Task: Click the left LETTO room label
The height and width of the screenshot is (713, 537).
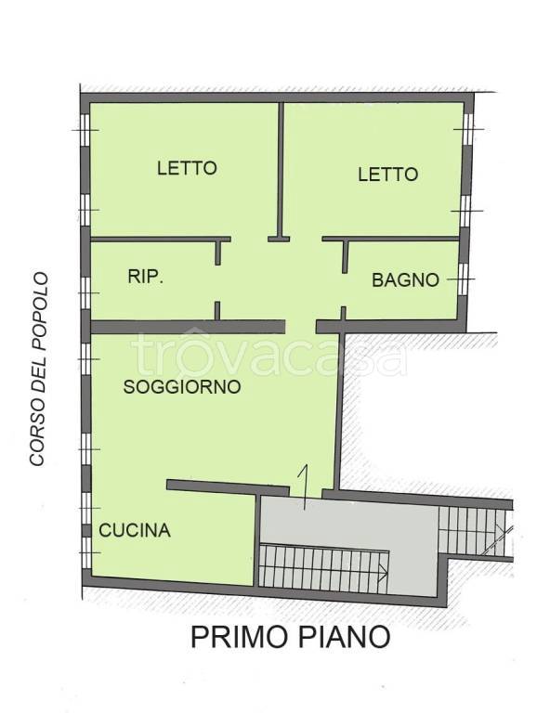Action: [x=187, y=168]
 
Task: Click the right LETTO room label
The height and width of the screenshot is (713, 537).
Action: [x=387, y=174]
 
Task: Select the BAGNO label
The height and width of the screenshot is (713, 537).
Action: [x=405, y=279]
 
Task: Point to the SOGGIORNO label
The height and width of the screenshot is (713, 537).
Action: [x=182, y=387]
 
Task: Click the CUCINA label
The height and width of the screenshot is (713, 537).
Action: [x=135, y=531]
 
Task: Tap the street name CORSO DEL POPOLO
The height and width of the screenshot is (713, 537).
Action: [x=38, y=369]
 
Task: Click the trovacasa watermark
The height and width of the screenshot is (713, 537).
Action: [x=268, y=354]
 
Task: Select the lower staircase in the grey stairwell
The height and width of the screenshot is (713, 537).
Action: [x=323, y=564]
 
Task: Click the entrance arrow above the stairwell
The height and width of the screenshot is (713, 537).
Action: [x=303, y=485]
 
